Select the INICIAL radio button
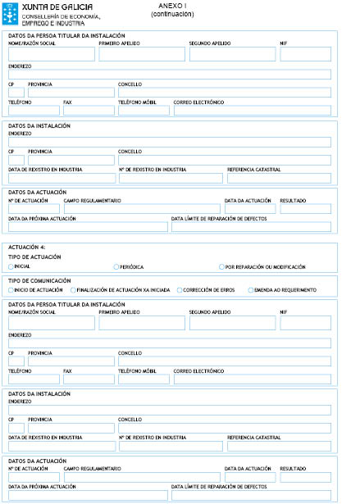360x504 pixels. coord(11,266)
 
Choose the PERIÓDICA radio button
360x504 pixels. coord(116,266)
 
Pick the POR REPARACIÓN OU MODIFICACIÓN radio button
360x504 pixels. coord(221,266)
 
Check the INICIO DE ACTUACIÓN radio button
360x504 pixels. coord(11,289)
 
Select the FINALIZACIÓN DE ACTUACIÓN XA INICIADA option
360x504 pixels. coord(73,289)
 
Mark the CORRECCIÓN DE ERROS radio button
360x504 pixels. coord(180,289)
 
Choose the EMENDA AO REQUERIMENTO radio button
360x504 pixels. coord(251,289)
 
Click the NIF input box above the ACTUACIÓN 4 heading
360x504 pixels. coord(305,54)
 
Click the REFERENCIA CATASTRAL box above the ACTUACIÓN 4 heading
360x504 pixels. coord(279,178)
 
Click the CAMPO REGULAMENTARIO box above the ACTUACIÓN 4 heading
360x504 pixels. coord(142,208)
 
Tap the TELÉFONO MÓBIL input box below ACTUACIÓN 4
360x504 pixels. coord(144,379)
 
